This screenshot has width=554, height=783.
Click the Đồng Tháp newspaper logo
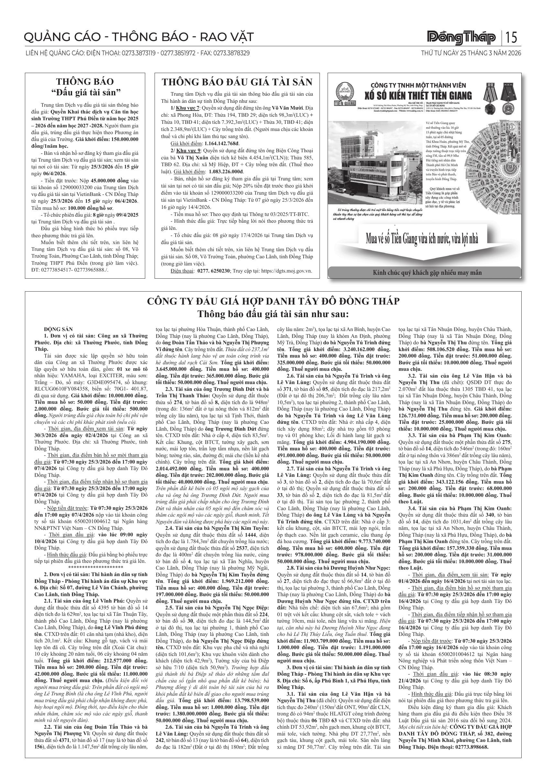462,38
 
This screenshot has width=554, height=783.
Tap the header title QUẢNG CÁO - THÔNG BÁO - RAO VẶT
139,37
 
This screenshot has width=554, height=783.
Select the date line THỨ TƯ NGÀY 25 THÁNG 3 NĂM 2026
471,53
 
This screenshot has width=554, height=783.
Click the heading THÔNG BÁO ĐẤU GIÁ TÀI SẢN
237,82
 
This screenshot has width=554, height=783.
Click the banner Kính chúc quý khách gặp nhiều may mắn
424,273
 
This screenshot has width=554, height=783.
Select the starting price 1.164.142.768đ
221,144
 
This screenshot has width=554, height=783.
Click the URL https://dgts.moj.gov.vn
286,271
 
